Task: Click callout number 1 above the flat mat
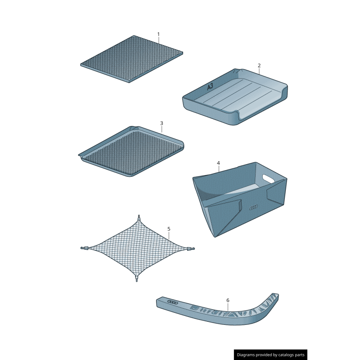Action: point(158,34)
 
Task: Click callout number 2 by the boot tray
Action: point(259,66)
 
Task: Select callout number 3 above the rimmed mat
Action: point(162,123)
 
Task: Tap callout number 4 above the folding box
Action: point(218,163)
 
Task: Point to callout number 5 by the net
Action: point(169,229)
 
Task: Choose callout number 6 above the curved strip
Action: point(228,300)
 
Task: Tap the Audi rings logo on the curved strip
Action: point(173,301)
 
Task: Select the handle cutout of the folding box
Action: point(269,179)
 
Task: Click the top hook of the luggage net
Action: point(139,218)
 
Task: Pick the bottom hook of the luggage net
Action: point(136,279)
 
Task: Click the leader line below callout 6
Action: point(228,306)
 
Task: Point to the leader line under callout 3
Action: point(162,129)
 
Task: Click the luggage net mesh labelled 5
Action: point(137,247)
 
